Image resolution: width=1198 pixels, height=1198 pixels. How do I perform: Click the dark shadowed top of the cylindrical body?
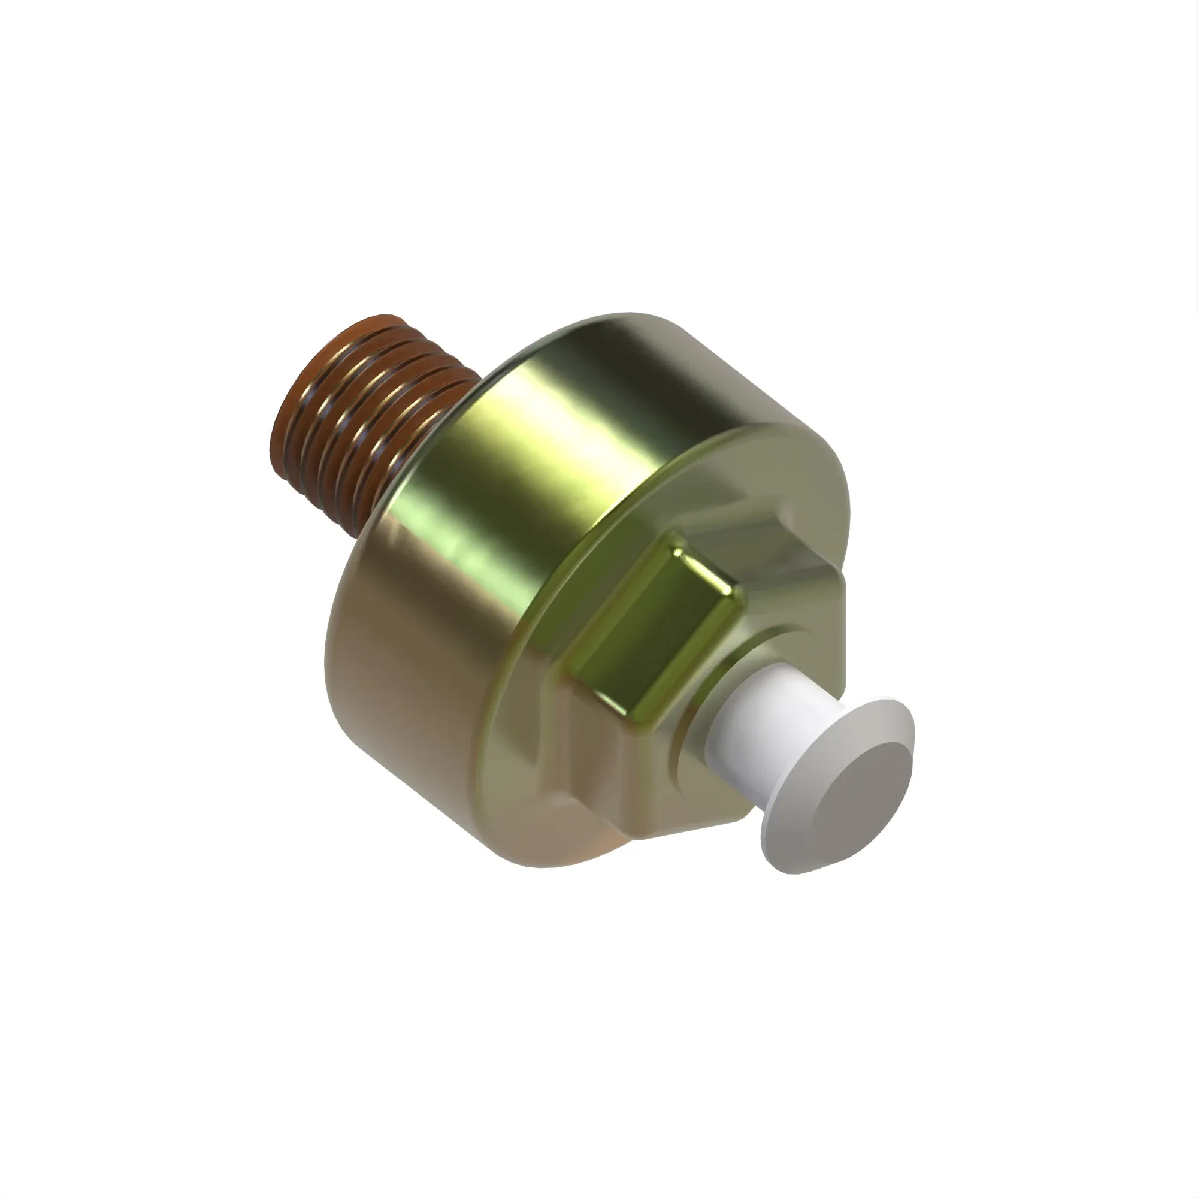pyautogui.click(x=682, y=385)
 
